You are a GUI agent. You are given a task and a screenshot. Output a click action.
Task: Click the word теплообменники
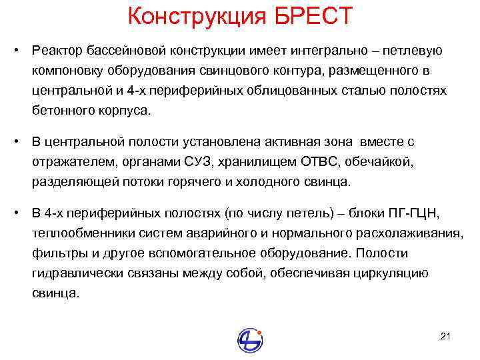tap(75, 233)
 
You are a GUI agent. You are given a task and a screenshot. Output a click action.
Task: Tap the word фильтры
tap(53, 253)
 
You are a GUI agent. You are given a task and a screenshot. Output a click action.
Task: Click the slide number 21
tap(446, 335)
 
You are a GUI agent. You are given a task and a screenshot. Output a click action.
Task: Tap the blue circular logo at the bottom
tap(250, 339)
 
